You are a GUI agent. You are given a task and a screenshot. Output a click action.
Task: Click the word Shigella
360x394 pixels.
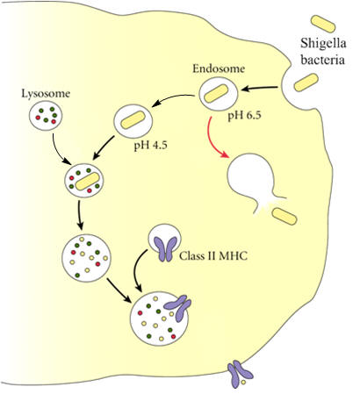click(x=323, y=44)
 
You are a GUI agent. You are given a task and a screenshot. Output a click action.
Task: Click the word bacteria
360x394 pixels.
click(x=323, y=60)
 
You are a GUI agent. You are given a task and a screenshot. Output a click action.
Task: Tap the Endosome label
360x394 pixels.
click(x=219, y=68)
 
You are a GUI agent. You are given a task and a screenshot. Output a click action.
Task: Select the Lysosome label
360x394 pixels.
click(x=46, y=94)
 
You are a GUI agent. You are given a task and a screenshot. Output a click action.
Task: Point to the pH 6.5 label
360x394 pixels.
click(x=244, y=115)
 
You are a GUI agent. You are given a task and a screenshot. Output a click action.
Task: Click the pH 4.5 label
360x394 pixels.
click(x=150, y=145)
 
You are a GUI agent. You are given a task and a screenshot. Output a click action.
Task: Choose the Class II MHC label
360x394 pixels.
click(x=213, y=256)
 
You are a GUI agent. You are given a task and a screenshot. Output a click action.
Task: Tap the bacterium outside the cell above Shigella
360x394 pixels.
click(x=323, y=24)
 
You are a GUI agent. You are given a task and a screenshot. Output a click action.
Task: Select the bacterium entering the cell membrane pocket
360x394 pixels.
click(x=306, y=82)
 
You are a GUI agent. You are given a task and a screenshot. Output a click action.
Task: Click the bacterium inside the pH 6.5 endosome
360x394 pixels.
click(x=216, y=93)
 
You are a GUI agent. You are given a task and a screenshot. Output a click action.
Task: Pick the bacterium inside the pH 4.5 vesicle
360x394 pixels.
click(x=133, y=120)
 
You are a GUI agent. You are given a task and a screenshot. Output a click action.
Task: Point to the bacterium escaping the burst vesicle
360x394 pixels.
click(x=284, y=217)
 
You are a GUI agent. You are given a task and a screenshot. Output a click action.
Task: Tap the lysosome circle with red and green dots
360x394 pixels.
click(x=46, y=116)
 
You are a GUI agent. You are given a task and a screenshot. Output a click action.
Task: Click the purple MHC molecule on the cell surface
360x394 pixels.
click(x=240, y=372)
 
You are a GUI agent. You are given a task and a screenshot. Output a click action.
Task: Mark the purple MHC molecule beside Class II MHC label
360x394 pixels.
click(x=165, y=248)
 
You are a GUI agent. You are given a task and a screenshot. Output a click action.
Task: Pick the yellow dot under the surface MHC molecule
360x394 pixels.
click(x=243, y=382)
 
